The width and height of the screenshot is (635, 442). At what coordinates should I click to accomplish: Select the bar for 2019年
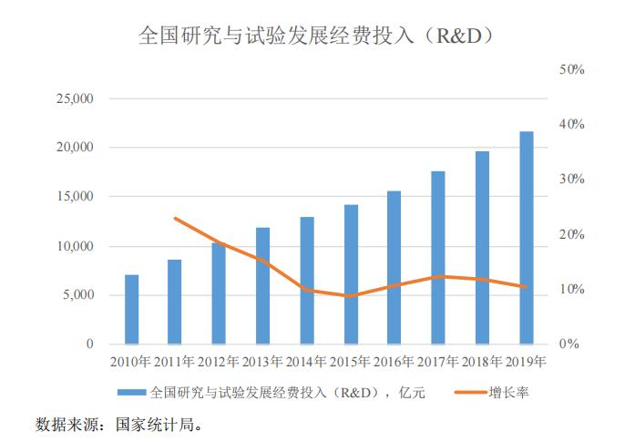click(x=527, y=238)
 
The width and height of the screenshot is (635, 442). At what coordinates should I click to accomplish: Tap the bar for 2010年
click(x=132, y=309)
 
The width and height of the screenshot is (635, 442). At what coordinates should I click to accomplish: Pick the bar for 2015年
click(x=351, y=274)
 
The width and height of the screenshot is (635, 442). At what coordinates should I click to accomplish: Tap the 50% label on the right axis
click(x=570, y=69)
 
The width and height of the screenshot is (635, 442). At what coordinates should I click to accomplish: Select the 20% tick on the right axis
click(x=570, y=234)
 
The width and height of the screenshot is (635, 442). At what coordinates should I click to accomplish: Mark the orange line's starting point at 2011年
click(x=176, y=219)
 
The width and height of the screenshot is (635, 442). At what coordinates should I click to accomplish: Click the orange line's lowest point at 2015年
click(x=351, y=296)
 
